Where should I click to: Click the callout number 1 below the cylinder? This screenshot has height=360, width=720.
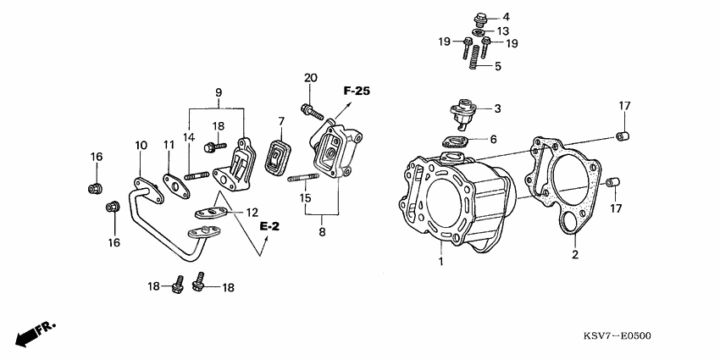(x=440, y=262)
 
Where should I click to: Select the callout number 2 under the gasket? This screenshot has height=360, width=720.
(x=574, y=255)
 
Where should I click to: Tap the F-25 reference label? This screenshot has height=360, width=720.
(x=357, y=89)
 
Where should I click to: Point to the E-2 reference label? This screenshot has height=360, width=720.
(x=270, y=226)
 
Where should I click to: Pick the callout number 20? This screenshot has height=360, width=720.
(x=311, y=79)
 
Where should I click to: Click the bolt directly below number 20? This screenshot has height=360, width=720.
(x=311, y=109)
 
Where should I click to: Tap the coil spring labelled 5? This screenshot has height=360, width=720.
(x=475, y=56)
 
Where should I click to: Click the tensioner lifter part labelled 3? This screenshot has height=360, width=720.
(x=463, y=111)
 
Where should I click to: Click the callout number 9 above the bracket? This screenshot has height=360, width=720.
(x=218, y=91)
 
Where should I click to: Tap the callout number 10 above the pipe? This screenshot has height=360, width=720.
(x=141, y=146)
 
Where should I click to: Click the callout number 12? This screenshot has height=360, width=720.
(x=252, y=212)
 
